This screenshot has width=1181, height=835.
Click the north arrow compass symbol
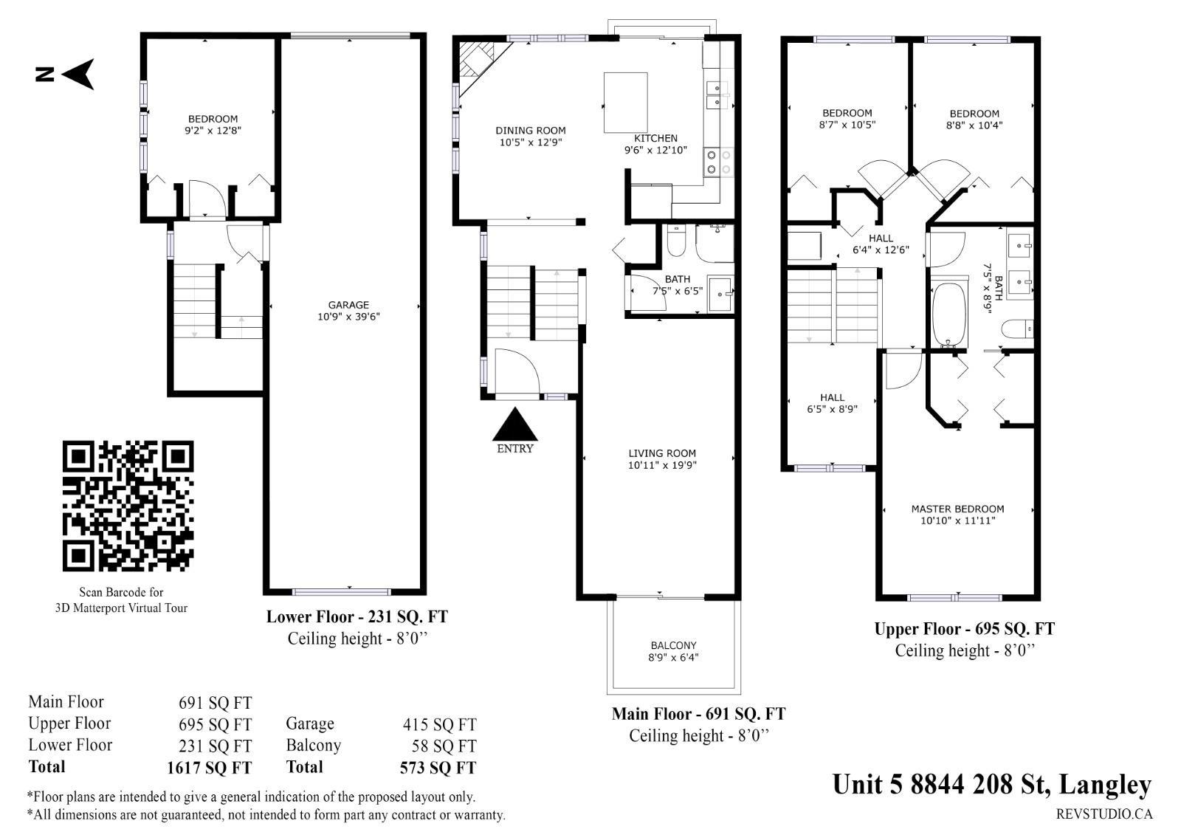[x=79, y=74]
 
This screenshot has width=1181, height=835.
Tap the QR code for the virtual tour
[x=128, y=506]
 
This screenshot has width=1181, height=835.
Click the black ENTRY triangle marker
[x=514, y=424]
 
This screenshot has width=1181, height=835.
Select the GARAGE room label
[x=348, y=305]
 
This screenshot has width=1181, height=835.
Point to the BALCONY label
[x=673, y=645]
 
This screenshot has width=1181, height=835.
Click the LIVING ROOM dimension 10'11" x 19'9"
[x=662, y=465]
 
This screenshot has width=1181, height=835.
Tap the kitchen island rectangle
[x=625, y=103]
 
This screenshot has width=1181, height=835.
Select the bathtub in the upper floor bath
[x=949, y=315]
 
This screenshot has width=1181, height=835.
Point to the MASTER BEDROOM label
[x=957, y=509]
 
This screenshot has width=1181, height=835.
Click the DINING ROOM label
[x=531, y=130]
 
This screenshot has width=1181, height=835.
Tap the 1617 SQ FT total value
[x=210, y=768]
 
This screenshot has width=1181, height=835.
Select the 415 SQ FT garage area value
[x=440, y=724]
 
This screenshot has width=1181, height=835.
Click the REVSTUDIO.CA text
[x=1104, y=814]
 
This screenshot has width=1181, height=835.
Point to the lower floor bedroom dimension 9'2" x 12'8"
[x=213, y=130]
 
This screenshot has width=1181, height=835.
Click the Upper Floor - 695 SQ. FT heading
[x=964, y=629]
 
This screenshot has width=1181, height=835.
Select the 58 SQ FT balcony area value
[x=444, y=746]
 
